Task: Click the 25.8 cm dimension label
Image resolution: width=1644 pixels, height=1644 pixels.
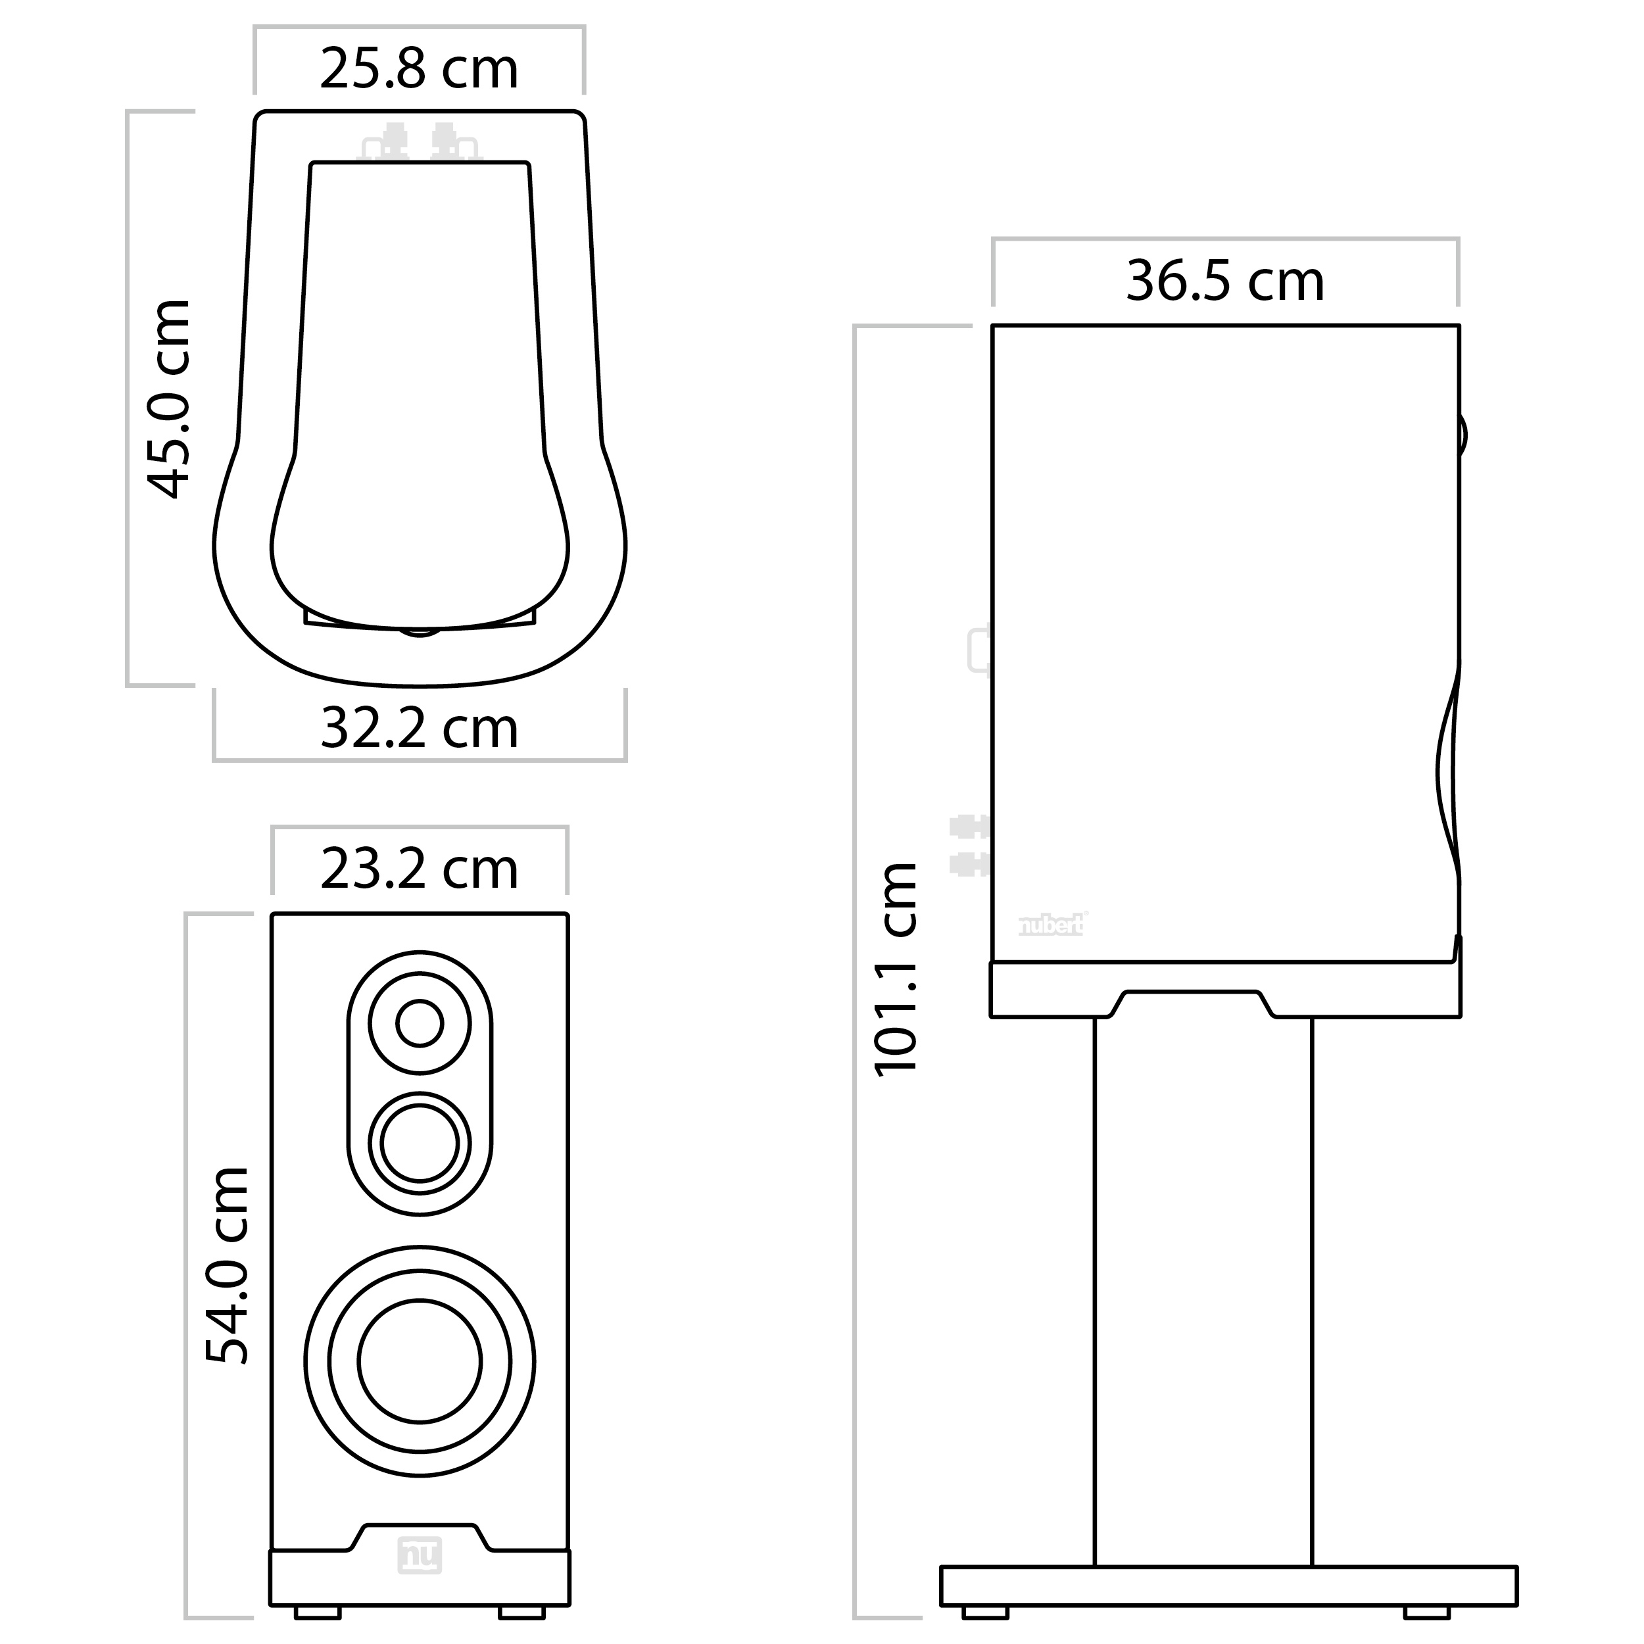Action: [x=419, y=69]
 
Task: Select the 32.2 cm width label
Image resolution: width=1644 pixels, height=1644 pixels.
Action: [x=419, y=729]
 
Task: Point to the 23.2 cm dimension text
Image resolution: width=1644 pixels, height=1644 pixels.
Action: [x=419, y=869]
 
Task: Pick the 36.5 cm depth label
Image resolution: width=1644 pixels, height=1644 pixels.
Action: [x=1225, y=281]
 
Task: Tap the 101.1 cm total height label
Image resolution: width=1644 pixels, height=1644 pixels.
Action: [x=896, y=970]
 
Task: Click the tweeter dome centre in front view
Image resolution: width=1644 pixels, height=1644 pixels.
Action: [x=420, y=1023]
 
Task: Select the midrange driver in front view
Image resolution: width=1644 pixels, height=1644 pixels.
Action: [x=420, y=1143]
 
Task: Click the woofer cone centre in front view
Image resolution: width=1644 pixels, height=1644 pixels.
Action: [x=420, y=1361]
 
